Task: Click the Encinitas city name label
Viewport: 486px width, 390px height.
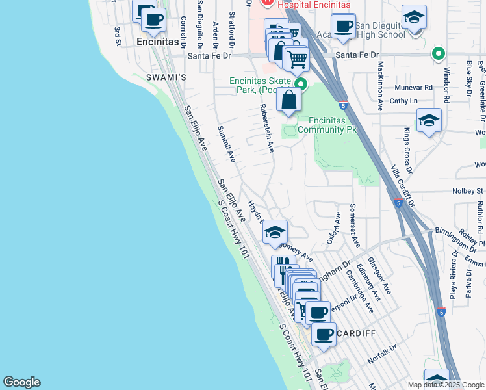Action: (x=158, y=41)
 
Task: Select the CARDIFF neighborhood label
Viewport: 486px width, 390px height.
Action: (x=355, y=333)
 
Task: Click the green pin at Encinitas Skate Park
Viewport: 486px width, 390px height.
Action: (x=301, y=84)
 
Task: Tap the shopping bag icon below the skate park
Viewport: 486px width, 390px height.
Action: (x=288, y=101)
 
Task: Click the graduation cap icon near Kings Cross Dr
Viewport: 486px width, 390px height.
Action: (x=428, y=121)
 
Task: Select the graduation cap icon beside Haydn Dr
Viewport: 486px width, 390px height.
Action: (x=275, y=232)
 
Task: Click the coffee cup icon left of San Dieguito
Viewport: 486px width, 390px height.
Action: (x=343, y=27)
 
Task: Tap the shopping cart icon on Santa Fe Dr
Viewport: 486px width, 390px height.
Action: (x=297, y=59)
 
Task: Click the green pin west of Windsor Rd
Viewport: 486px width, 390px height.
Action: (x=439, y=54)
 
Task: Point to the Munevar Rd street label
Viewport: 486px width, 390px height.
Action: (x=414, y=87)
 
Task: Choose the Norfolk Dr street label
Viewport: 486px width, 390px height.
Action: (x=381, y=355)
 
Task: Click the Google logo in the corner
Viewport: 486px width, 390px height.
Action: (x=22, y=382)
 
